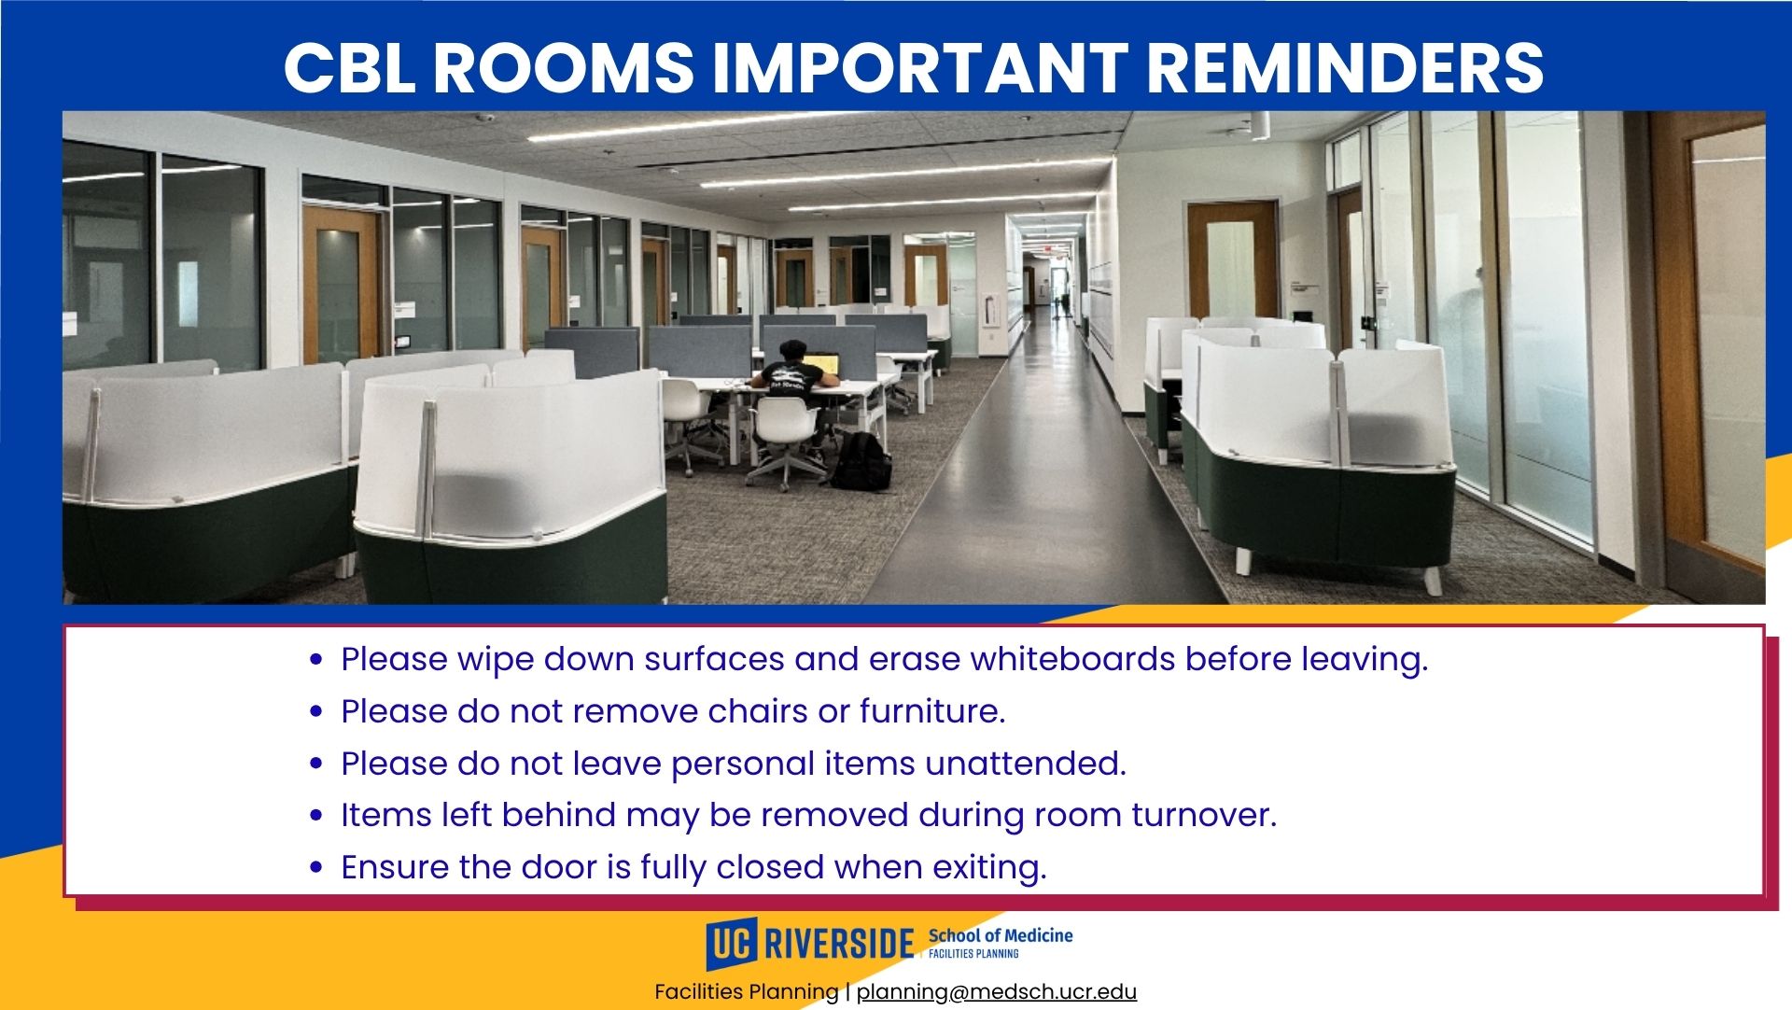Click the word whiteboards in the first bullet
(1073, 659)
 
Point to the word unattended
(1026, 764)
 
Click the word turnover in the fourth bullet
(1204, 815)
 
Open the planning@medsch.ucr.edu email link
(997, 991)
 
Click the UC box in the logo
(732, 944)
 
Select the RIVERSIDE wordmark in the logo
(839, 944)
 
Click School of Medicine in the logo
(1001, 935)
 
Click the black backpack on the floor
(861, 461)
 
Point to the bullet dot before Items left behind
(316, 816)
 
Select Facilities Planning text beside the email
(747, 991)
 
